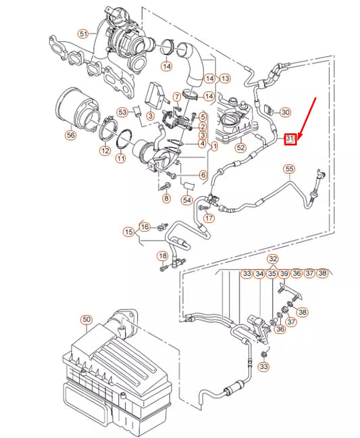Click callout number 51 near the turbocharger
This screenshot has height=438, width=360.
point(83,33)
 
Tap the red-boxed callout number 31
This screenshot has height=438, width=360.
point(290,139)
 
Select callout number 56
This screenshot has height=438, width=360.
point(70,135)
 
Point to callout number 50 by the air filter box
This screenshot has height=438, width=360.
point(85,319)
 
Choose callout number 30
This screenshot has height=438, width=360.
point(285,112)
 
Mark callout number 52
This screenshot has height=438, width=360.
point(240,147)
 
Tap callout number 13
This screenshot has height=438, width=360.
point(225,78)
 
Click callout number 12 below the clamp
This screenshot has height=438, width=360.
point(105,151)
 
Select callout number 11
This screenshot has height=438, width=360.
point(121,158)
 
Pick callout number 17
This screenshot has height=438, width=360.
point(209,218)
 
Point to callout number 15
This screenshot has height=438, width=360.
point(128,233)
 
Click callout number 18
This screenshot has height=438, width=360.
point(162,255)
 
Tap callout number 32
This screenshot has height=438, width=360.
point(272,259)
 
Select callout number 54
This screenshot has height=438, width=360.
point(187,201)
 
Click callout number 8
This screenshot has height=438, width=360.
point(166,198)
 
